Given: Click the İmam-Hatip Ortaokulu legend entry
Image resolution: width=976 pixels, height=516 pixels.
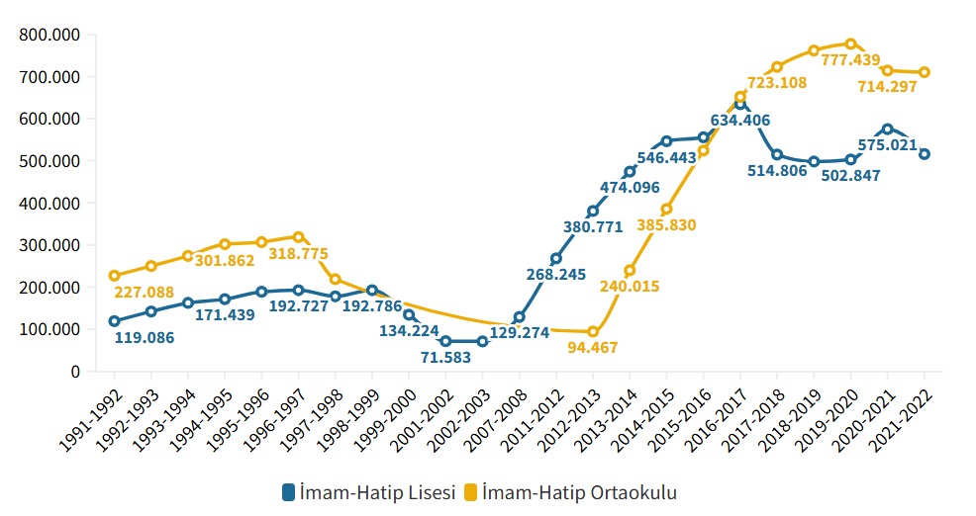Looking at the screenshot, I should coord(579,491).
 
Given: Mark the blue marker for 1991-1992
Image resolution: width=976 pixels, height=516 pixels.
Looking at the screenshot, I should coord(115,321).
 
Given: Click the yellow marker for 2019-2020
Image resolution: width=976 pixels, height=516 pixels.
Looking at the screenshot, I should coord(850,43).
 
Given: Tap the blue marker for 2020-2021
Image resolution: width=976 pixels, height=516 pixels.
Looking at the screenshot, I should coord(887,129).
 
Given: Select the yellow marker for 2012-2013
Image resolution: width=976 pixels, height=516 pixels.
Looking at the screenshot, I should coord(593,331).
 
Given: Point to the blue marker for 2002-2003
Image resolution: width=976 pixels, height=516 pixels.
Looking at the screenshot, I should coord(482,341).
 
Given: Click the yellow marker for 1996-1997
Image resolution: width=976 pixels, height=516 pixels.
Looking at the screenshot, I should coord(298,236).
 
